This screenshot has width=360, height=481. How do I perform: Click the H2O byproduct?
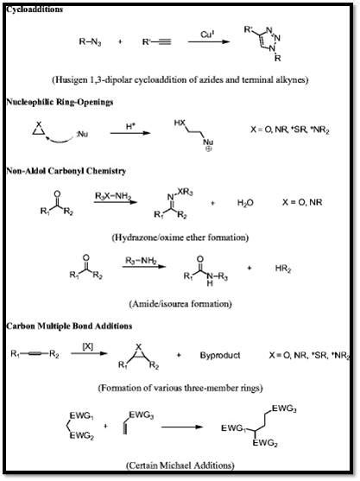pos(245,203)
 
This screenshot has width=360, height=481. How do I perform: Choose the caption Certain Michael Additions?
pos(179,465)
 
